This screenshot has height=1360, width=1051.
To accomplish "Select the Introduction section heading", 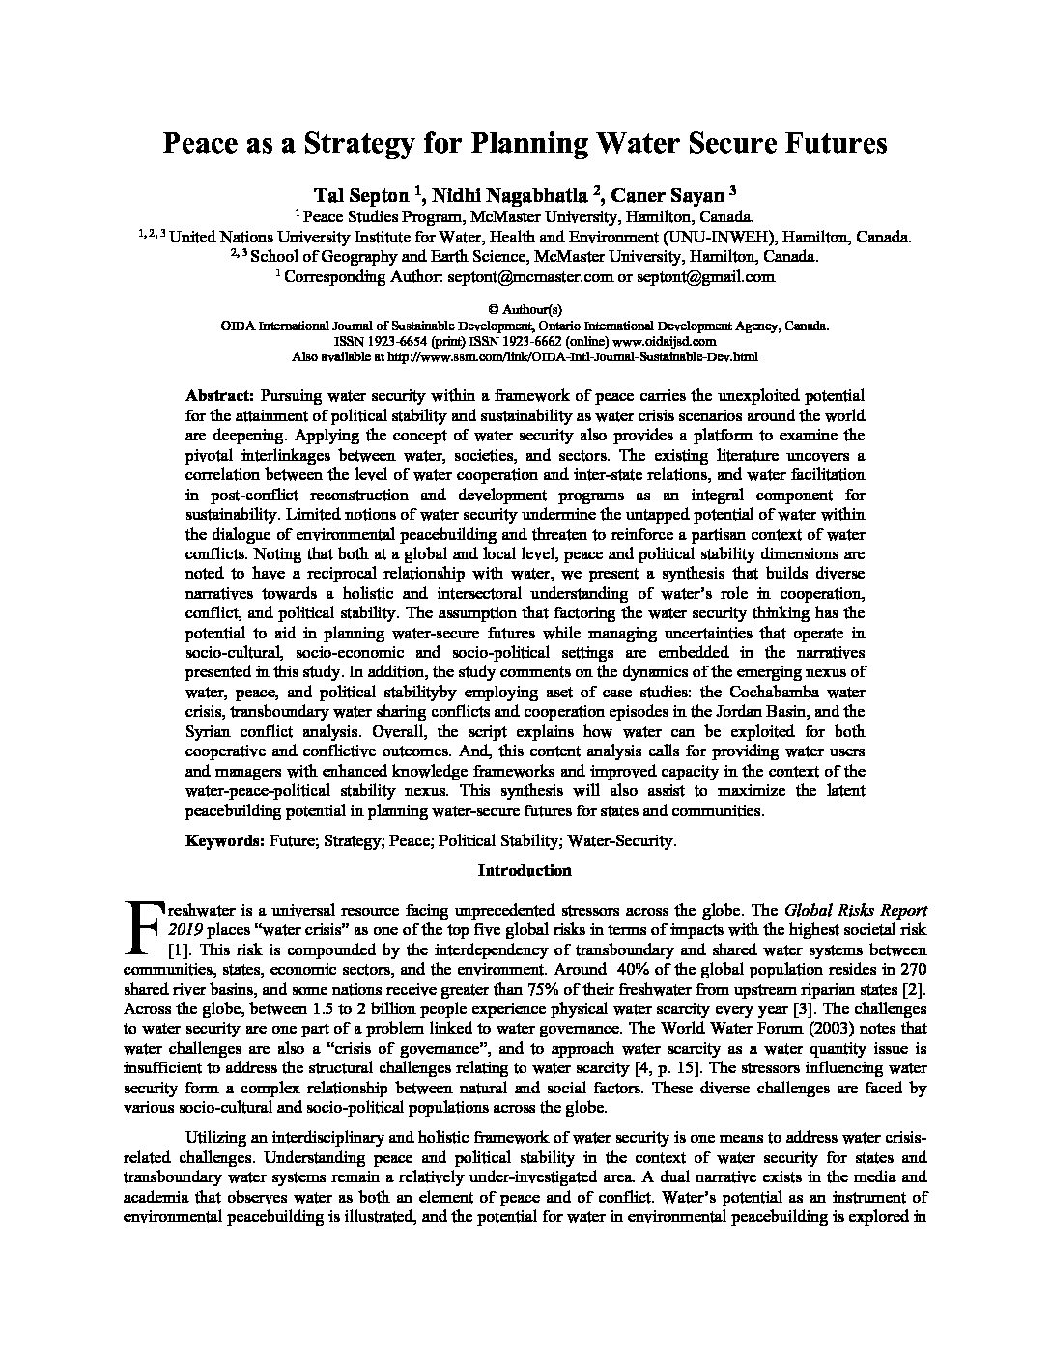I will point(525,870).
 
